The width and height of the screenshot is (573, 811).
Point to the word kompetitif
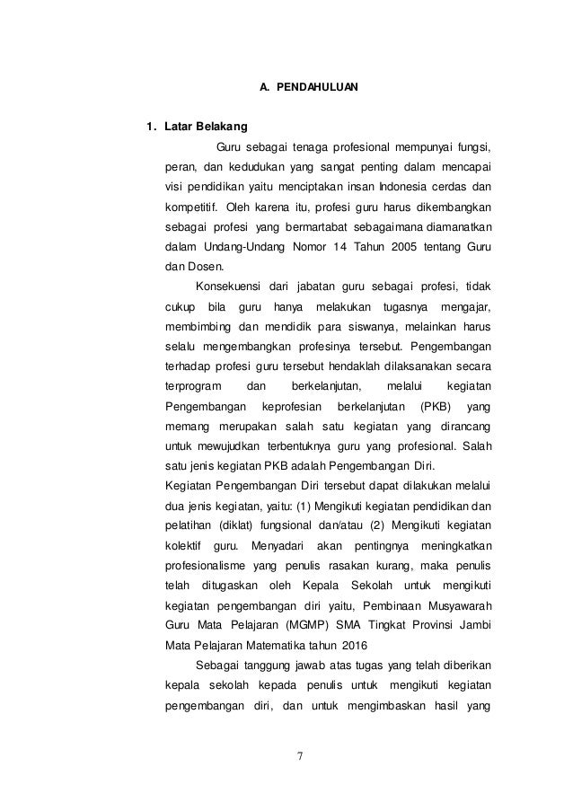click(190, 207)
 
